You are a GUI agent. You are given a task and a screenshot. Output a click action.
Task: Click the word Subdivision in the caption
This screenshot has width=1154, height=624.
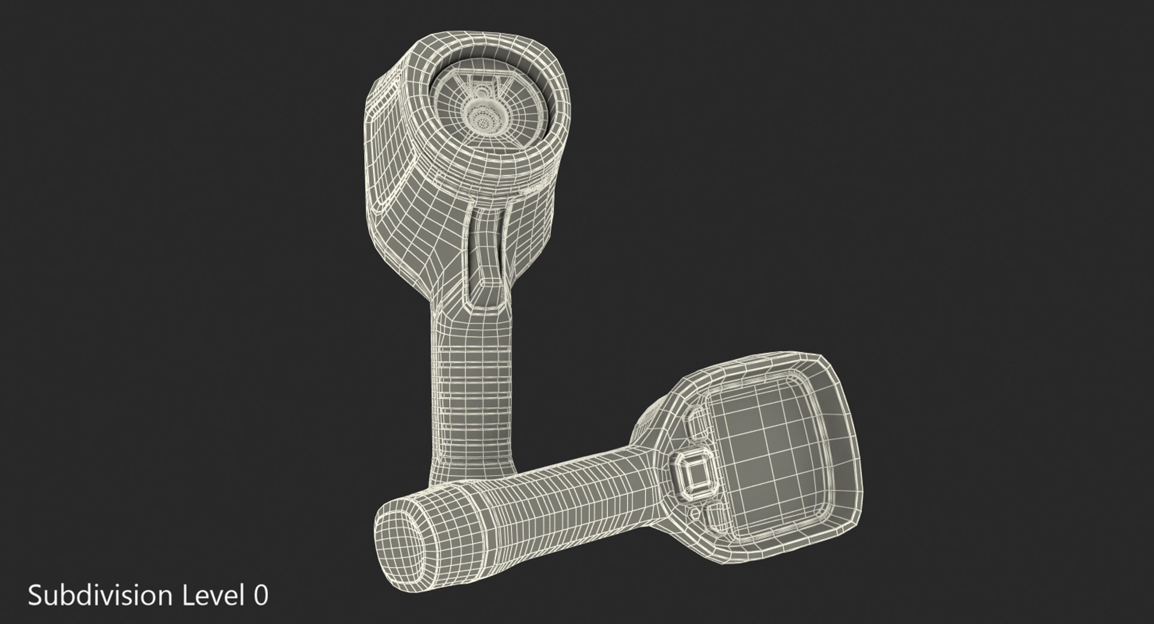100,596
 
